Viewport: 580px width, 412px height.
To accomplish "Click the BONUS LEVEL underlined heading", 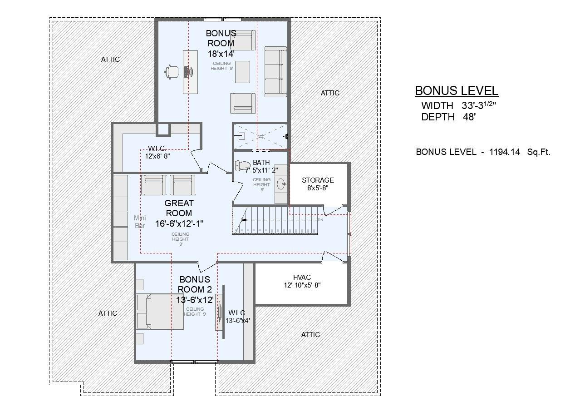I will coord(457,90).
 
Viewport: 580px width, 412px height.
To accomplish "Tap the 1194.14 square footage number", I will coord(504,152).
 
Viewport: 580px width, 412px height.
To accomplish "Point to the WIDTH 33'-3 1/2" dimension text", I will coord(458,105).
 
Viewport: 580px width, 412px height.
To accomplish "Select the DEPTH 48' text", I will coord(448,117).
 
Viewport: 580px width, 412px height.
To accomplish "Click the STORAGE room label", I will coord(318,180).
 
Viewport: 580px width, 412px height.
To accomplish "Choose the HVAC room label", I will coord(302,278).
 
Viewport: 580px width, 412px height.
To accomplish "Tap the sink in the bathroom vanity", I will coord(281,184).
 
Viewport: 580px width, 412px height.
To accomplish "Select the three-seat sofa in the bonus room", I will coord(275,71).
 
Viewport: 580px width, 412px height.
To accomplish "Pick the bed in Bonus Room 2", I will coord(160,311).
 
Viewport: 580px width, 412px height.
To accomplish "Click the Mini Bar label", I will coord(140,222).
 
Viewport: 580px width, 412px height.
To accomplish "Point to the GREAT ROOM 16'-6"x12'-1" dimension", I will coord(179,223).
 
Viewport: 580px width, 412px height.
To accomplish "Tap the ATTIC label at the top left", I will coord(110,60).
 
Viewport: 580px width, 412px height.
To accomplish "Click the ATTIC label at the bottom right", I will coord(310,335).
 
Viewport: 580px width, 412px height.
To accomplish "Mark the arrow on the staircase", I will coord(244,220).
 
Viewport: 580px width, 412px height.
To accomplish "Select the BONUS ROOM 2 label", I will coord(195,284).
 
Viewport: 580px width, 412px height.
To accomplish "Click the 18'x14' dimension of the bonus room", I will coord(221,54).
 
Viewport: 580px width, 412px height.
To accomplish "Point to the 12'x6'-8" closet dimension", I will coord(157,156).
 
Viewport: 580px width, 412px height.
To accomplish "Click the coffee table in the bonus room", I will coord(242,72).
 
